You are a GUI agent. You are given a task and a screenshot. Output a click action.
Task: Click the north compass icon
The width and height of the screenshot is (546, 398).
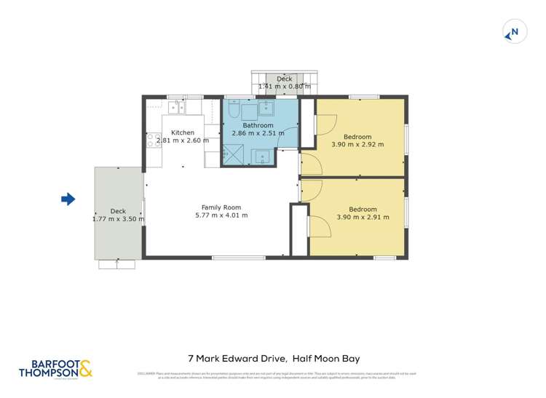pos(514,32)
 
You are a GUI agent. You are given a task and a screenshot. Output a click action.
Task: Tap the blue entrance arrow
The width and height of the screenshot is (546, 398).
pos(68,199)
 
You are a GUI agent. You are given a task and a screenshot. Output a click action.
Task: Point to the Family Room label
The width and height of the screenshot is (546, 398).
pos(221,207)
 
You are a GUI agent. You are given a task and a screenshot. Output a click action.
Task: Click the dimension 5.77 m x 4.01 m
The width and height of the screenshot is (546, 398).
pos(221,215)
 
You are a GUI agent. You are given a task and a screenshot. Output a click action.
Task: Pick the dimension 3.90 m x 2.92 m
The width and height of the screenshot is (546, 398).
pos(357,145)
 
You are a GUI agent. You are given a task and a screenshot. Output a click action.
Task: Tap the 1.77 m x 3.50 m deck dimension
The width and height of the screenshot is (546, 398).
pos(118,219)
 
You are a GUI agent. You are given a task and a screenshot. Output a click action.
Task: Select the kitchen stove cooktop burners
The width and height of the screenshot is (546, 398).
pos(153,140)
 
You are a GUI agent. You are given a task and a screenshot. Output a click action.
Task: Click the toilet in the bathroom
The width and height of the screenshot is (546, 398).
pos(231,110)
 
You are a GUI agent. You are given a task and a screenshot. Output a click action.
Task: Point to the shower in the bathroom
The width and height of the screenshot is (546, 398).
pos(232,153)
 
